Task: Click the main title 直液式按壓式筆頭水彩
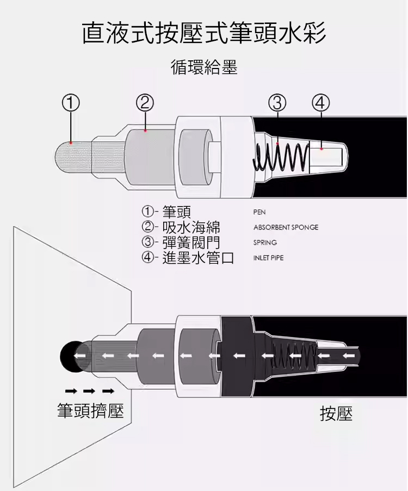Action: click(204, 33)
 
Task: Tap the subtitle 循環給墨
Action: click(204, 67)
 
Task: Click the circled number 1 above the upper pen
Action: click(71, 103)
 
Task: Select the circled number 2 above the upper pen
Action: click(145, 103)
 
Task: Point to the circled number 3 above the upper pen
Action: click(277, 103)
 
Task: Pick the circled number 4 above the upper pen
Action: click(321, 103)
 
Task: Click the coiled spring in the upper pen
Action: click(281, 157)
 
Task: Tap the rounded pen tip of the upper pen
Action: click(73, 157)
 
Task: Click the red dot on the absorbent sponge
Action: click(145, 130)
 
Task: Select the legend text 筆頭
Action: click(176, 212)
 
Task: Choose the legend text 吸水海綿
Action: click(191, 227)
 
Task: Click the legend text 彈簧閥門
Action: click(191, 243)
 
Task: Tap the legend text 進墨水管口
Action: click(198, 258)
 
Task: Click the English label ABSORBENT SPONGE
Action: click(286, 227)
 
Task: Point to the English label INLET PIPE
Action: click(268, 258)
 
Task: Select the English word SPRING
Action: click(265, 243)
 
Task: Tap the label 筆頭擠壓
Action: click(90, 411)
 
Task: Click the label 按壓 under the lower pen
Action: click(336, 413)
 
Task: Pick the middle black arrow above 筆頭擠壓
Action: click(90, 391)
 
